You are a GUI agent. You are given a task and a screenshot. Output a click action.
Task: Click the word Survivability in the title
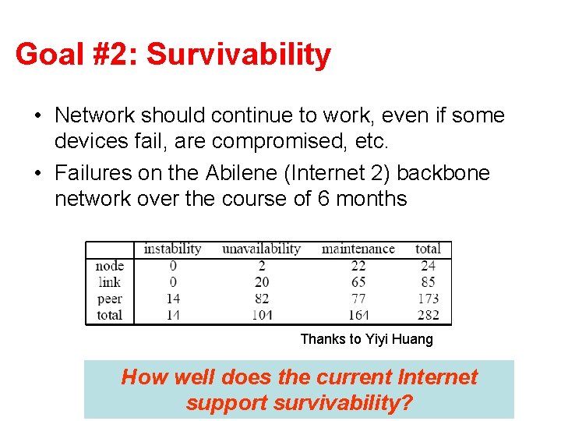point(238,55)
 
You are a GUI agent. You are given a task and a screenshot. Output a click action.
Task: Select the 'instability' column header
point(172,249)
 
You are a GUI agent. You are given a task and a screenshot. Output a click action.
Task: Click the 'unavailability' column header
point(261,249)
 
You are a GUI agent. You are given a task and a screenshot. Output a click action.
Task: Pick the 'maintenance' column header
point(358,249)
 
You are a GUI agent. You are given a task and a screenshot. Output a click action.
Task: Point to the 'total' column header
point(428,249)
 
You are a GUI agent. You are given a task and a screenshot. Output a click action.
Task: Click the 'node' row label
point(109,266)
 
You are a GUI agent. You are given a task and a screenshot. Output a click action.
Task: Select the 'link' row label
point(110,282)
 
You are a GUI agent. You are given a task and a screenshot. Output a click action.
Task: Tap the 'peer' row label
point(109,299)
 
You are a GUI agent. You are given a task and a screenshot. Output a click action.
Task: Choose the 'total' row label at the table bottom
point(109,315)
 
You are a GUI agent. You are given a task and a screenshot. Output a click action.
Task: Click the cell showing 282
point(428,315)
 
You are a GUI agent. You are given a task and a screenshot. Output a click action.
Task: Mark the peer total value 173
point(428,299)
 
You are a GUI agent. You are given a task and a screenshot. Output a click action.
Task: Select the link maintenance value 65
point(358,282)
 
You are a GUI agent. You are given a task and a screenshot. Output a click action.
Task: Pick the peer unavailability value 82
point(261,299)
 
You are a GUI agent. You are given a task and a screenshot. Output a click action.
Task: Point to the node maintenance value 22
point(358,266)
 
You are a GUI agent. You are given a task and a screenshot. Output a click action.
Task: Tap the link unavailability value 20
point(261,282)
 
